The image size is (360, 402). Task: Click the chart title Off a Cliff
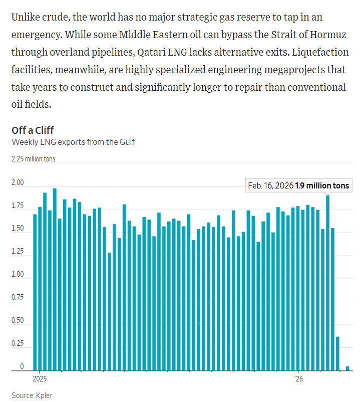pos(33,131)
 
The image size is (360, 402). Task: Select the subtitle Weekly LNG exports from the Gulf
pos(73,142)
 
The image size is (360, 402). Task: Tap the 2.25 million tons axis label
pos(34,159)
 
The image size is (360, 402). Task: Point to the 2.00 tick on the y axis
pos(18,183)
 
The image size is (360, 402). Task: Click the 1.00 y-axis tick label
pos(18,275)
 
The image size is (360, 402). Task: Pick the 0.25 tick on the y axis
pos(18,344)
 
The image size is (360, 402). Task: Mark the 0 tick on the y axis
pos(22,367)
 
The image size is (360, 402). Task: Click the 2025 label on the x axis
pos(39,378)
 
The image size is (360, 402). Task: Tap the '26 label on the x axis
pos(298,378)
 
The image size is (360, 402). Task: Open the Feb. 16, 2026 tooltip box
pos(299,185)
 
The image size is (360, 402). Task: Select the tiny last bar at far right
pos(347,368)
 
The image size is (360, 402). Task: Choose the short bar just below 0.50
pos(337,353)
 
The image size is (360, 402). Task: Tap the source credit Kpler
pos(32,395)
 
